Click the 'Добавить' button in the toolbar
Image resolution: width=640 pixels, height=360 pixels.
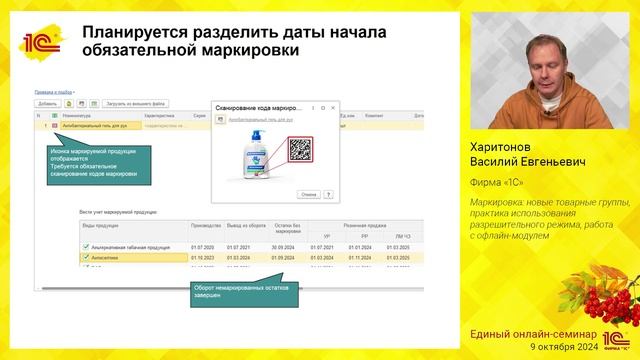click(47, 103)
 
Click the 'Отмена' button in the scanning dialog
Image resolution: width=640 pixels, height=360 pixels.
click(308, 194)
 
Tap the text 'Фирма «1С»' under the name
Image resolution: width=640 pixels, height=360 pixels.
click(497, 182)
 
